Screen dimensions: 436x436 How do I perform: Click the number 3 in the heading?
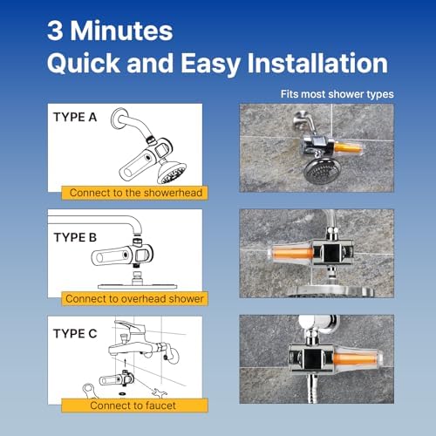click(x=55, y=31)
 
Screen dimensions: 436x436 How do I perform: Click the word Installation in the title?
click(x=317, y=63)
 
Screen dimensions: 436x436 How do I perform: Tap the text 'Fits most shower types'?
click(x=337, y=94)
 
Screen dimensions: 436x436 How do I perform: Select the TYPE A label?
click(x=75, y=117)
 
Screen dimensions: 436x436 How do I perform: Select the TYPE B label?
click(x=75, y=237)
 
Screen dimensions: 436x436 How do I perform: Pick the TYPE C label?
click(x=75, y=334)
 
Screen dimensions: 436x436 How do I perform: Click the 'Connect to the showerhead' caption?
click(x=136, y=193)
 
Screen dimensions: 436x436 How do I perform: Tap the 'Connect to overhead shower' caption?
click(x=134, y=299)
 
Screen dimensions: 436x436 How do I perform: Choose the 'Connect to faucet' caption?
click(x=133, y=405)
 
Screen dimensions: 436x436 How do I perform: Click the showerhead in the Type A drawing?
click(x=172, y=172)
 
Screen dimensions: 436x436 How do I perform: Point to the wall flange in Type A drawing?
click(x=119, y=118)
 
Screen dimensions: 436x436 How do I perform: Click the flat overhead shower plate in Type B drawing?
click(x=138, y=287)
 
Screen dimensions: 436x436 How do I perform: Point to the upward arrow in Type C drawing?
click(x=126, y=363)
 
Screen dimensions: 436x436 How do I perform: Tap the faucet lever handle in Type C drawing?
click(x=129, y=326)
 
